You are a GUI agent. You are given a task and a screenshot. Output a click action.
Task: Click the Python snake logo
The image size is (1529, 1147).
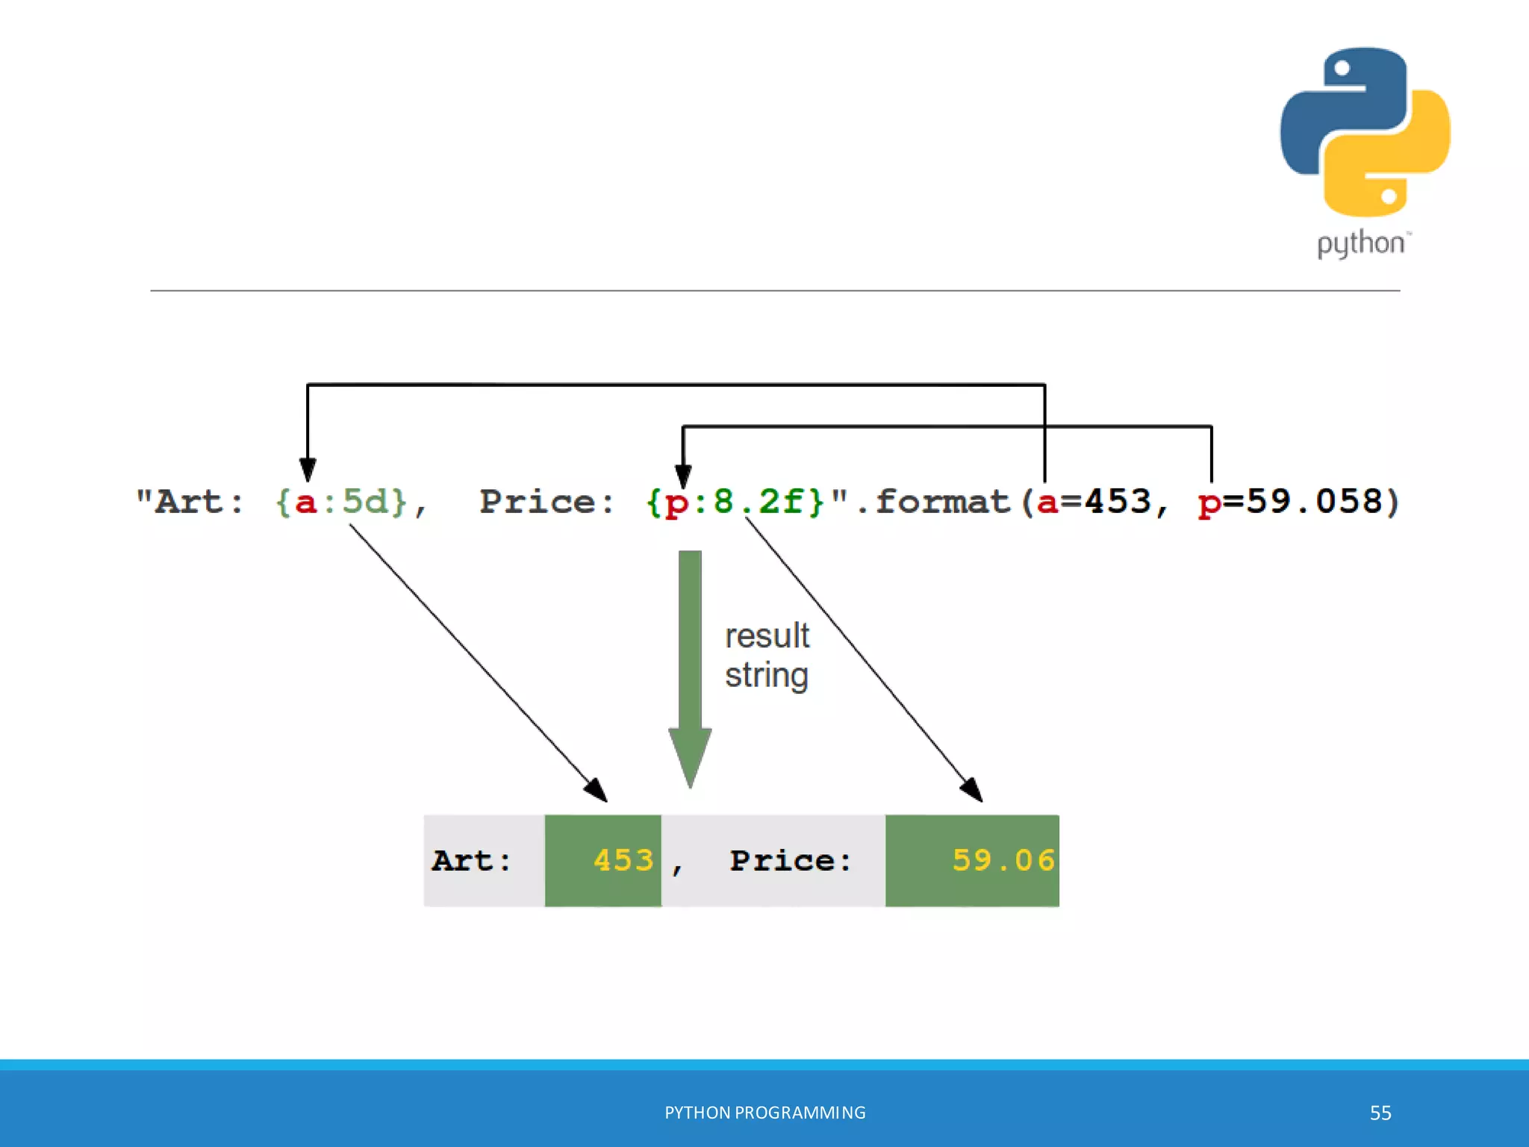[1365, 132]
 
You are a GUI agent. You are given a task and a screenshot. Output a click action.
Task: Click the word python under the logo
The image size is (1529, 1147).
[1361, 244]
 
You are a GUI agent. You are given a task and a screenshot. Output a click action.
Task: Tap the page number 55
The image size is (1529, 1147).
[1380, 1113]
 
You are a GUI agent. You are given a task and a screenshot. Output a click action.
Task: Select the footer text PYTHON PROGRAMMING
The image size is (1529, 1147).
[764, 1113]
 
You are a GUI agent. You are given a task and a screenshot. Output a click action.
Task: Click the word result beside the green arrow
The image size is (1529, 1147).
[767, 636]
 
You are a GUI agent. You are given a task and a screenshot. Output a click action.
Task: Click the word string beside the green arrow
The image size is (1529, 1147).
[767, 676]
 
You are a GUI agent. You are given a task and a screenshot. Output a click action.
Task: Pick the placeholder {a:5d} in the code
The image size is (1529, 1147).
[342, 502]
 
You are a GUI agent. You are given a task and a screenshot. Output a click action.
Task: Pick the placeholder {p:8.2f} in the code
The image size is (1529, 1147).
[735, 502]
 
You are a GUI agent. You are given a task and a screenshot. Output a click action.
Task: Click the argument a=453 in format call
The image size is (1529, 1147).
[1094, 502]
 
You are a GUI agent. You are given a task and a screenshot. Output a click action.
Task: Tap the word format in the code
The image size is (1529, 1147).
[942, 502]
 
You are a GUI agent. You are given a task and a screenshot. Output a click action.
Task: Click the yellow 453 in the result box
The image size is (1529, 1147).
[623, 861]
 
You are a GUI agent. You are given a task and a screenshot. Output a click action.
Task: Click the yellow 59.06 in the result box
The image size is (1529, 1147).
[1003, 861]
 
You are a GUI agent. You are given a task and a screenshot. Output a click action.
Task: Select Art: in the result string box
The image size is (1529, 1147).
[472, 861]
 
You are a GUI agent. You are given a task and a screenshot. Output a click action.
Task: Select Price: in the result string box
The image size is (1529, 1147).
[790, 861]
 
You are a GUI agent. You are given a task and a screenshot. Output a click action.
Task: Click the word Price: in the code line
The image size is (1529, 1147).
[547, 502]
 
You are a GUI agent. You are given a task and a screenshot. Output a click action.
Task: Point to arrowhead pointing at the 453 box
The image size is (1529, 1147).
[596, 790]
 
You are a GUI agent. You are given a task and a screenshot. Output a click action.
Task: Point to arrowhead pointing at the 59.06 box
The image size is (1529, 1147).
[971, 790]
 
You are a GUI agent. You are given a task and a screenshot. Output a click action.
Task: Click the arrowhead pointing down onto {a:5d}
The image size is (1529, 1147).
[308, 470]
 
